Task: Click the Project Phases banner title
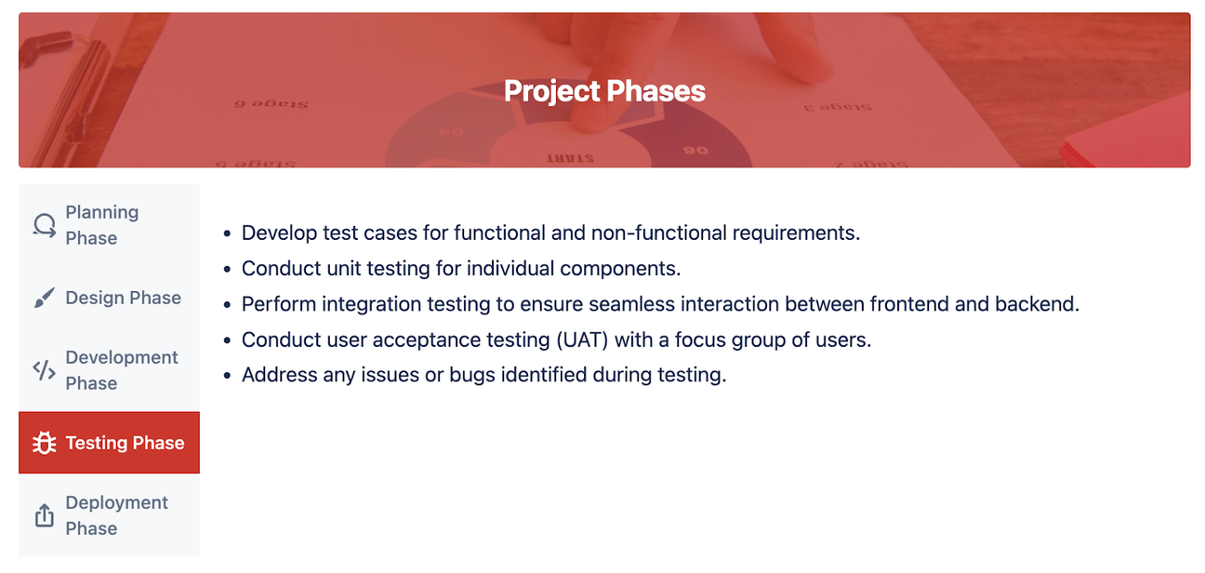604,91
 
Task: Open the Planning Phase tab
109,225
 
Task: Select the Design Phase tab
109,298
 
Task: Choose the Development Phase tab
109,370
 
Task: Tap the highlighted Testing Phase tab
109,443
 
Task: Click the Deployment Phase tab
109,515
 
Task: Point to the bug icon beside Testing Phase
44,443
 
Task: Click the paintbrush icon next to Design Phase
44,298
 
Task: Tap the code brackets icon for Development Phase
44,370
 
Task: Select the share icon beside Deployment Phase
44,515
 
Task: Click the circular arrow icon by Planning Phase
44,225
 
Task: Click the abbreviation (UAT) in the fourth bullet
583,340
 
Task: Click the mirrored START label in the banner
569,158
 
